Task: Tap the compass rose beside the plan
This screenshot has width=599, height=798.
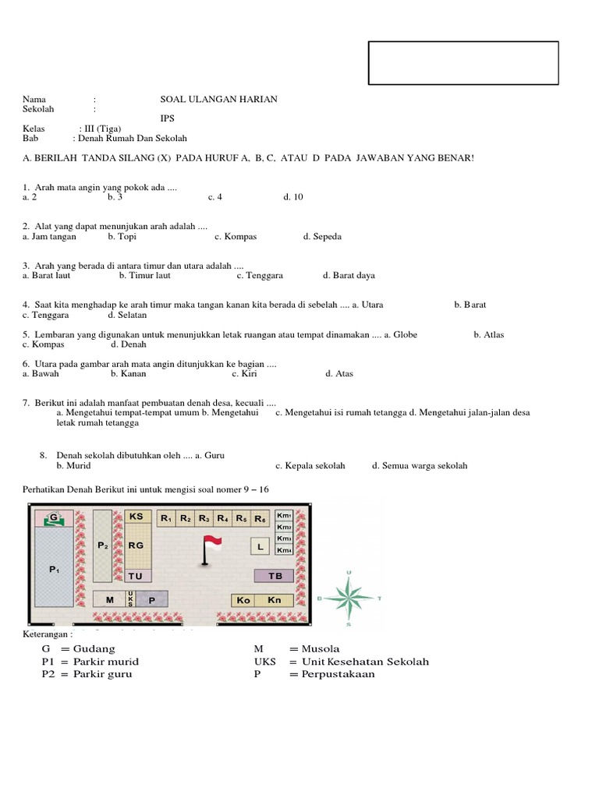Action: [349, 598]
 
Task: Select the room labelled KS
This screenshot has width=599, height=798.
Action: [136, 517]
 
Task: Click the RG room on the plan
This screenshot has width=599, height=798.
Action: [136, 546]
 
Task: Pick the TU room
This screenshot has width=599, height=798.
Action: [136, 576]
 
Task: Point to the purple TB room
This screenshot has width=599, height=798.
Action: [275, 576]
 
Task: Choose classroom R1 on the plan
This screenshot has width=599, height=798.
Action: [166, 518]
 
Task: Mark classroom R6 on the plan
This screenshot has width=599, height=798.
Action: [261, 518]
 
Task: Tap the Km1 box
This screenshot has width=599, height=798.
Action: [284, 516]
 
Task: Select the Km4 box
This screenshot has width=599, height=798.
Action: [284, 551]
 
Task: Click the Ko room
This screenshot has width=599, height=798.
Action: [243, 600]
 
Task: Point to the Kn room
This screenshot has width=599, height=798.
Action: [274, 600]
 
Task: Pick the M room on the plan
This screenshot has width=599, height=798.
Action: [109, 599]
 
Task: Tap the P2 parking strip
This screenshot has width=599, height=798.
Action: [102, 546]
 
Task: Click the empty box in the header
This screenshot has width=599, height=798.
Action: [463, 62]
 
